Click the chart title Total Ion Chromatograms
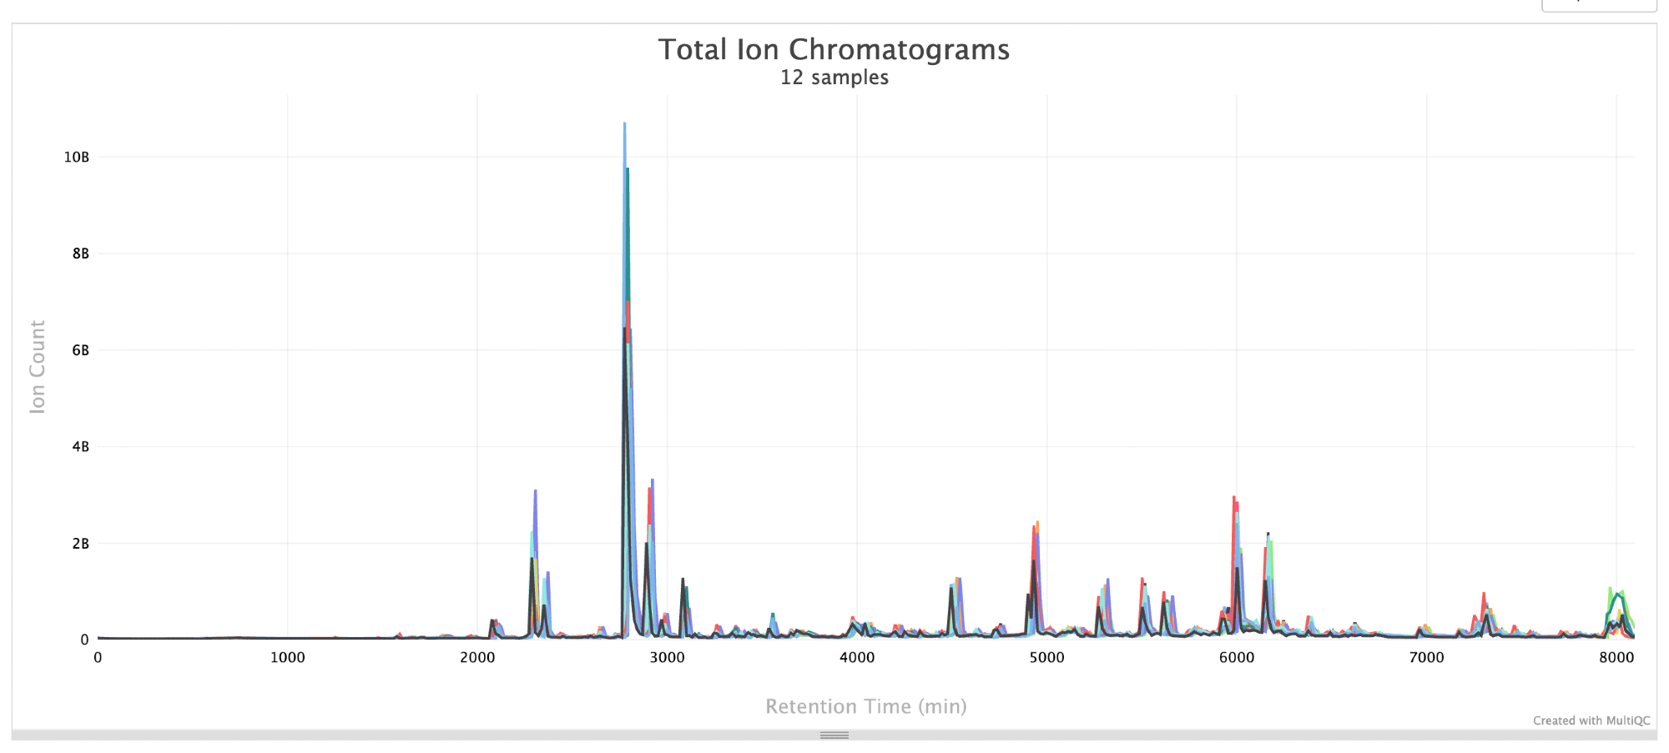click(834, 49)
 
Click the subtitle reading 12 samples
click(834, 78)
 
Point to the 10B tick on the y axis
click(77, 157)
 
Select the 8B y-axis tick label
click(80, 254)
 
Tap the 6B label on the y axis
click(80, 350)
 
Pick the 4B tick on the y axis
click(80, 447)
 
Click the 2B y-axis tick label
click(80, 544)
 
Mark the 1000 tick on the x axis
click(287, 657)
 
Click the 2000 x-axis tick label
click(477, 657)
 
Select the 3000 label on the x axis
click(667, 657)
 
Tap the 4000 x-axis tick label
click(857, 657)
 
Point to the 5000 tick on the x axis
click(1046, 657)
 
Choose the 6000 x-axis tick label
click(1237, 657)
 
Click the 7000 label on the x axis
click(1426, 657)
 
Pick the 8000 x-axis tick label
click(1616, 657)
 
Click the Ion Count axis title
click(38, 367)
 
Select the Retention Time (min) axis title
click(866, 706)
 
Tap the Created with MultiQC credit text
click(1591, 720)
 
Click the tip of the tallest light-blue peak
click(624, 123)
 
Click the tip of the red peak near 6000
click(1233, 497)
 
